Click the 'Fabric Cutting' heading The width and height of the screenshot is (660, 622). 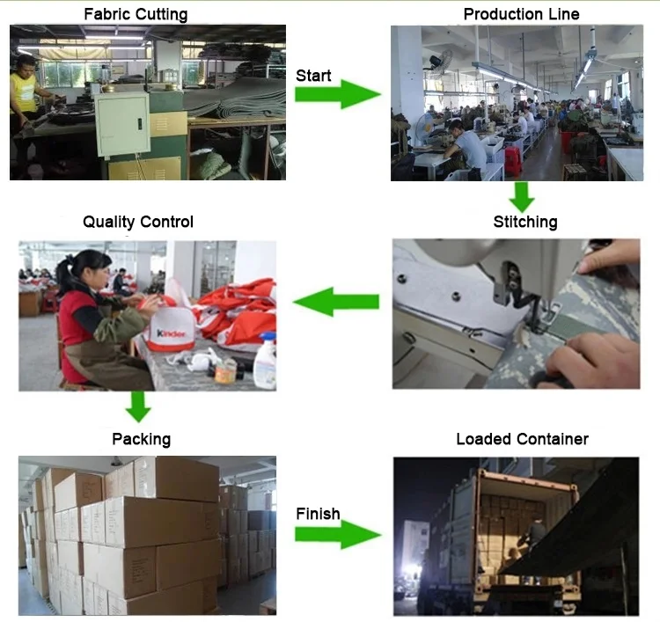tap(135, 14)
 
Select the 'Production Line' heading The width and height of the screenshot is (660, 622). tap(521, 14)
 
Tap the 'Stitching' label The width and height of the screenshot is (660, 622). tap(524, 222)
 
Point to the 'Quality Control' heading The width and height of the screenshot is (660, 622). tap(137, 222)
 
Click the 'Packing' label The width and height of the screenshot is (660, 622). tap(141, 438)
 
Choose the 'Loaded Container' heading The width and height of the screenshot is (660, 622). tap(522, 438)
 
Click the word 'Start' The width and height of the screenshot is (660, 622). tap(313, 76)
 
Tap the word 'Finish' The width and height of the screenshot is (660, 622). tap(318, 514)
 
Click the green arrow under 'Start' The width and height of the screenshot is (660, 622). tap(337, 94)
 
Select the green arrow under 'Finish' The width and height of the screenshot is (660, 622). tap(337, 533)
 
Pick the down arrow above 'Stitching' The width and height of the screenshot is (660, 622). tap(522, 195)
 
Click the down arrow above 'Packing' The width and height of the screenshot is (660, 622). tap(138, 406)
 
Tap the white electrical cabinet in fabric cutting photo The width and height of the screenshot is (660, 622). tap(122, 124)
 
